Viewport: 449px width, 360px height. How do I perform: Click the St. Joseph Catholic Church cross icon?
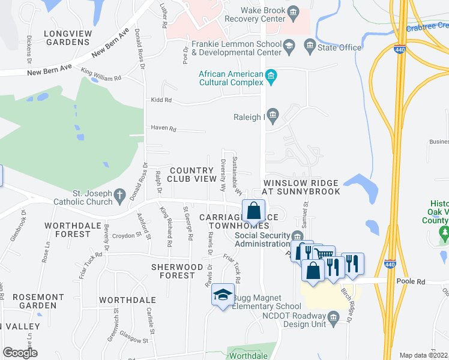pyautogui.click(x=119, y=194)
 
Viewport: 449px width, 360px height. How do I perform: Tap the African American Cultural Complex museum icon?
pyautogui.click(x=271, y=75)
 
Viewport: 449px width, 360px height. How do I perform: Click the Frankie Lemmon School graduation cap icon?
pyautogui.click(x=289, y=45)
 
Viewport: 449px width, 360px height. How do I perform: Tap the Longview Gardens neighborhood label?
pyautogui.click(x=58, y=37)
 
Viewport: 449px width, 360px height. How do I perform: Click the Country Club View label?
pyautogui.click(x=191, y=175)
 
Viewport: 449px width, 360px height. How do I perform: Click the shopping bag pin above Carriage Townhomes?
pyautogui.click(x=254, y=212)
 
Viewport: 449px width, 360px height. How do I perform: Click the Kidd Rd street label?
pyautogui.click(x=161, y=100)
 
